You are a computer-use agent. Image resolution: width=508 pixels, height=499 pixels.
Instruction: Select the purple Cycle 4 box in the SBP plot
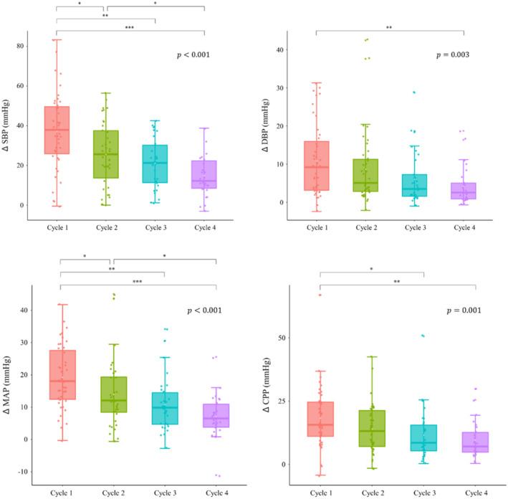point(204,174)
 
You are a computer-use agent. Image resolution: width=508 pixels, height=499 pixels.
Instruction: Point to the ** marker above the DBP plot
point(389,28)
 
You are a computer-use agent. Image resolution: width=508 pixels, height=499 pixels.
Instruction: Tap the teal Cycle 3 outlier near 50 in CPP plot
point(423,336)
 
